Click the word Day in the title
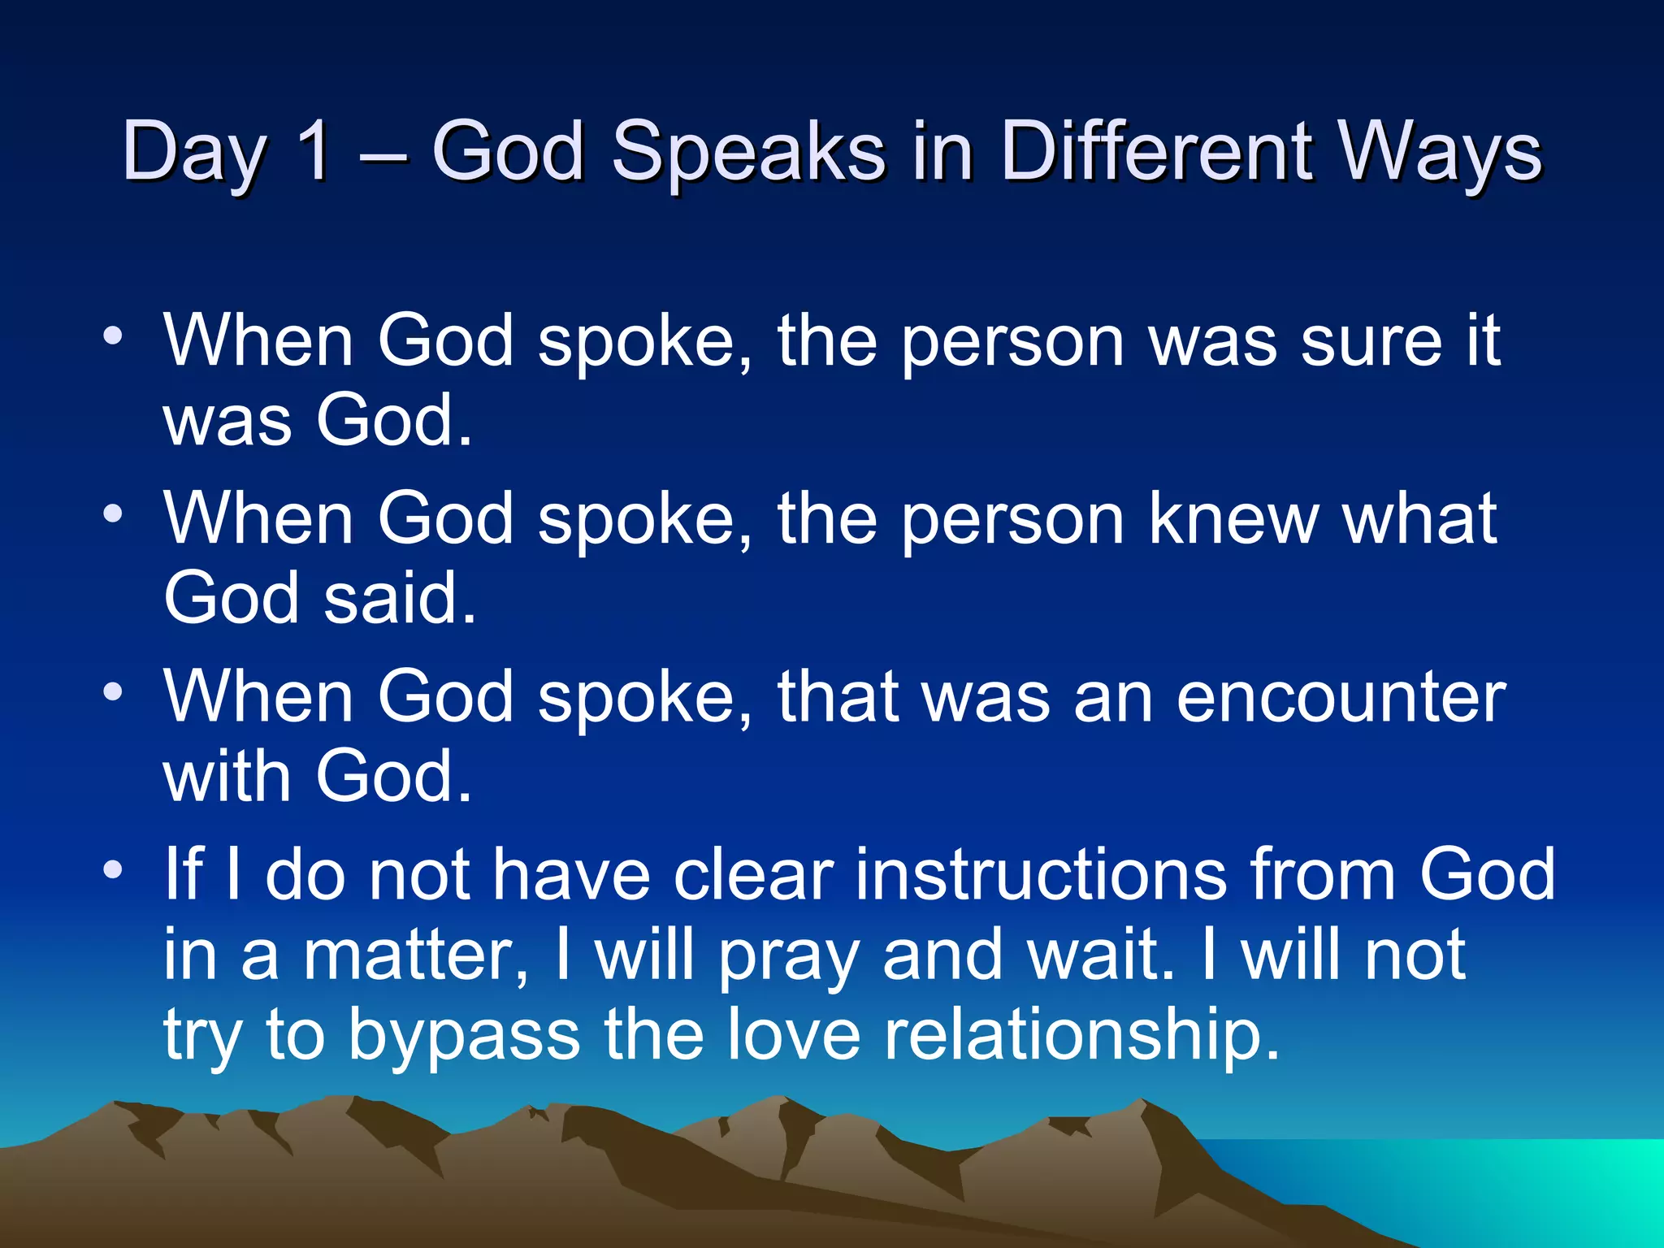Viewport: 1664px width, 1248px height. tap(193, 153)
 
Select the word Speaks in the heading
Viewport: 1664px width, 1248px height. tap(747, 153)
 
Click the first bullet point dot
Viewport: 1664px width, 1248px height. tap(113, 336)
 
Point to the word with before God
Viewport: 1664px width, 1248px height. tap(227, 776)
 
